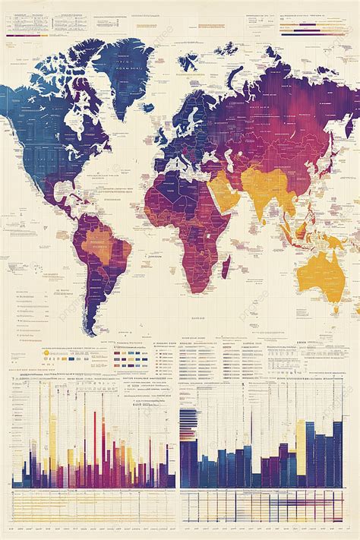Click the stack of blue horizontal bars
(x=188, y=422)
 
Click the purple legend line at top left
(x=27, y=34)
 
